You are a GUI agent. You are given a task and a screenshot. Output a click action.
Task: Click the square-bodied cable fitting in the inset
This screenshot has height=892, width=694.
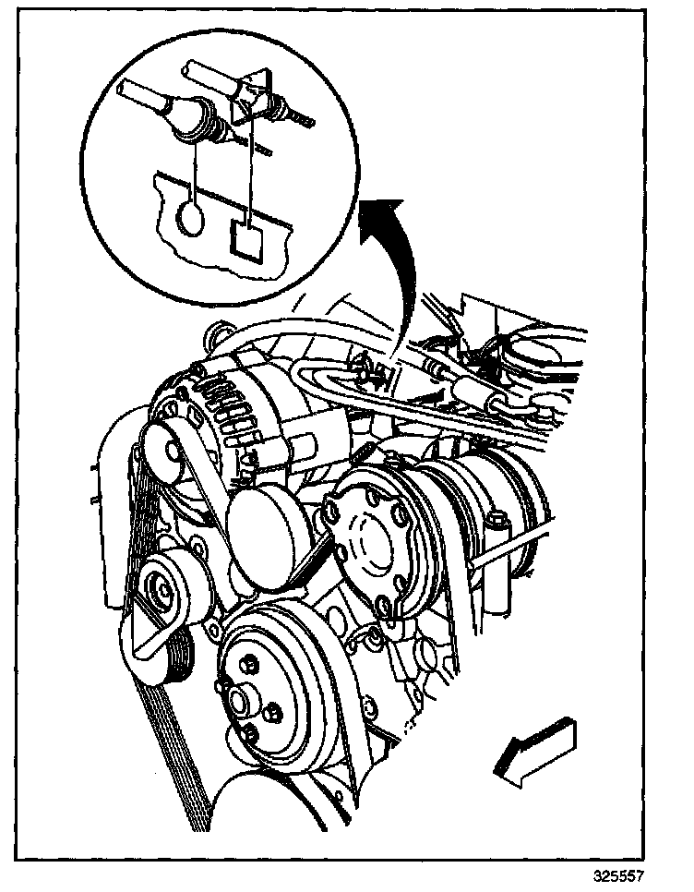click(x=254, y=94)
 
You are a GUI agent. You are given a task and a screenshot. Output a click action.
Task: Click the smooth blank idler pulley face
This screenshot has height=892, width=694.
click(x=269, y=531)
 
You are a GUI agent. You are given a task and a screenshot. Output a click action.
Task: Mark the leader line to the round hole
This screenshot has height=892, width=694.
click(x=195, y=166)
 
